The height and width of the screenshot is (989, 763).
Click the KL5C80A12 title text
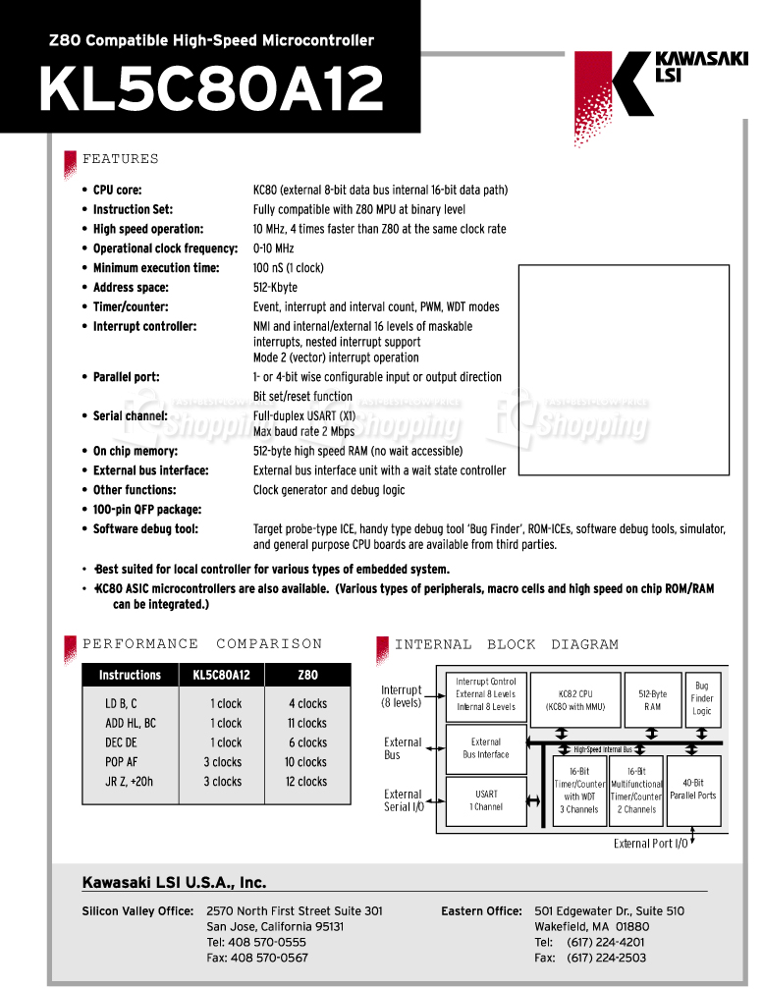click(x=211, y=91)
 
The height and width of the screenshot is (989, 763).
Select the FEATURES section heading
click(x=120, y=159)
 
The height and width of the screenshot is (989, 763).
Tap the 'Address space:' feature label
click(x=131, y=288)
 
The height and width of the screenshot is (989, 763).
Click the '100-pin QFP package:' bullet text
click(x=147, y=510)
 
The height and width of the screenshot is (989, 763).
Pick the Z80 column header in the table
click(x=307, y=675)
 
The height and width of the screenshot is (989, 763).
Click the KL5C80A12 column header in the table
click(x=222, y=675)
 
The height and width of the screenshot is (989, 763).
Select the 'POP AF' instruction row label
click(x=121, y=762)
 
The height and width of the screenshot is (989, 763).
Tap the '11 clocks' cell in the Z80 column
click(x=307, y=723)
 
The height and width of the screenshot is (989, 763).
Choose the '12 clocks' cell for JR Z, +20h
click(x=307, y=782)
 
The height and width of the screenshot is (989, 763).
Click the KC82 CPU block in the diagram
click(x=582, y=699)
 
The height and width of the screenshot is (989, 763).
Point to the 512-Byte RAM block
click(x=653, y=699)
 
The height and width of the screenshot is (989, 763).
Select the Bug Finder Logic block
click(x=702, y=698)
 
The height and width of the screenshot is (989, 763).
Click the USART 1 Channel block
click(x=486, y=800)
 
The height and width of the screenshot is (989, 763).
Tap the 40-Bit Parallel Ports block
click(x=693, y=790)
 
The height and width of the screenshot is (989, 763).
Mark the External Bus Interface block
click(x=486, y=748)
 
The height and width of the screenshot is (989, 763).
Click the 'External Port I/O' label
click(x=650, y=844)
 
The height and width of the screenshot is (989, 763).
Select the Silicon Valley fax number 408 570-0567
click(x=268, y=958)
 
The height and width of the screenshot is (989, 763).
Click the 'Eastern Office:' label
click(x=481, y=911)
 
